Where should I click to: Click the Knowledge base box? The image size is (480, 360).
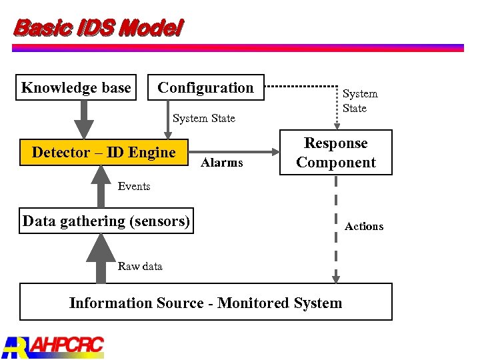click(76, 87)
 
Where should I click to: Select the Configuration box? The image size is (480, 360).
click(205, 87)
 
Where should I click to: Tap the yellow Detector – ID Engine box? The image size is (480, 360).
click(104, 152)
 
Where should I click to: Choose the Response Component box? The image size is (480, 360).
click(336, 153)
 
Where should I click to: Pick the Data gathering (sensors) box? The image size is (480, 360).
click(107, 221)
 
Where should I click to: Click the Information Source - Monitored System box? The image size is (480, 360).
click(205, 302)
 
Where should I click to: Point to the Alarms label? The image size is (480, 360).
click(222, 163)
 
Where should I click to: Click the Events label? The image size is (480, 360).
click(134, 186)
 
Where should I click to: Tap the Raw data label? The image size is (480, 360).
click(140, 266)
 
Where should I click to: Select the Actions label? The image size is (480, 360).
click(364, 226)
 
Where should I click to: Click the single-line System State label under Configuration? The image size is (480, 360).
click(204, 118)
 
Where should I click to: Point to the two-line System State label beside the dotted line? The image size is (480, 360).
click(360, 101)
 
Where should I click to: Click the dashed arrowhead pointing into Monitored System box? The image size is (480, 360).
click(336, 277)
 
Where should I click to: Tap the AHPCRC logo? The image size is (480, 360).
click(53, 345)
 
